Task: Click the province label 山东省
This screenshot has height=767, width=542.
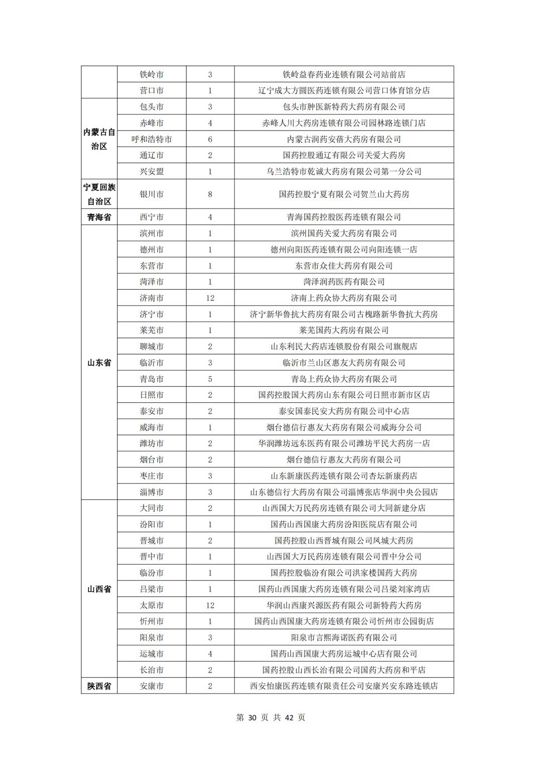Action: pyautogui.click(x=99, y=363)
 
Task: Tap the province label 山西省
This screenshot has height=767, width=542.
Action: pyautogui.click(x=99, y=589)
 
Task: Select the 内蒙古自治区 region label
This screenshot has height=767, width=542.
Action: pyautogui.click(x=99, y=139)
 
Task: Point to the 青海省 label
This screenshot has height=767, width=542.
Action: pyautogui.click(x=99, y=217)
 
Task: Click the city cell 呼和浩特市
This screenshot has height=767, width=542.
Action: pyautogui.click(x=152, y=139)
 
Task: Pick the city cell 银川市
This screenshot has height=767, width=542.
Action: pyautogui.click(x=152, y=194)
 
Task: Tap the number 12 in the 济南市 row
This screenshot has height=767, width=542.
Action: pyautogui.click(x=210, y=298)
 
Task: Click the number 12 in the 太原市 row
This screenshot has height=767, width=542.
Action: pyautogui.click(x=210, y=605)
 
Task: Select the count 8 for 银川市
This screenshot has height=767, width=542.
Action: pyautogui.click(x=210, y=194)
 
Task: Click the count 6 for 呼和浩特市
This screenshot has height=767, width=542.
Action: pyautogui.click(x=210, y=139)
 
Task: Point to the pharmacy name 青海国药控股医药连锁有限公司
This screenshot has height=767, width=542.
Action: pyautogui.click(x=344, y=217)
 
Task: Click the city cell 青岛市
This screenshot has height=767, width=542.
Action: pyautogui.click(x=152, y=379)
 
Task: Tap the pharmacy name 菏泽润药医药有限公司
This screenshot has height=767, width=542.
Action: pyautogui.click(x=344, y=282)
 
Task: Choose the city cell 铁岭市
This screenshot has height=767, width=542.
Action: pyautogui.click(x=152, y=74)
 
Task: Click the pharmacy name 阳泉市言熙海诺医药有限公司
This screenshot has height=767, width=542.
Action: pyautogui.click(x=344, y=637)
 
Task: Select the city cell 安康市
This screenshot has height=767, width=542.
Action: pyautogui.click(x=152, y=686)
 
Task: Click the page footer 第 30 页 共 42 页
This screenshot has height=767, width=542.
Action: pyautogui.click(x=270, y=717)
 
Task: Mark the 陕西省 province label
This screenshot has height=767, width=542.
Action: pyautogui.click(x=99, y=686)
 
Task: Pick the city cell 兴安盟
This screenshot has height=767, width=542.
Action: pyautogui.click(x=152, y=171)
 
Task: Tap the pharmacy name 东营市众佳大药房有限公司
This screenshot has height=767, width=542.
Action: pyautogui.click(x=344, y=266)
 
